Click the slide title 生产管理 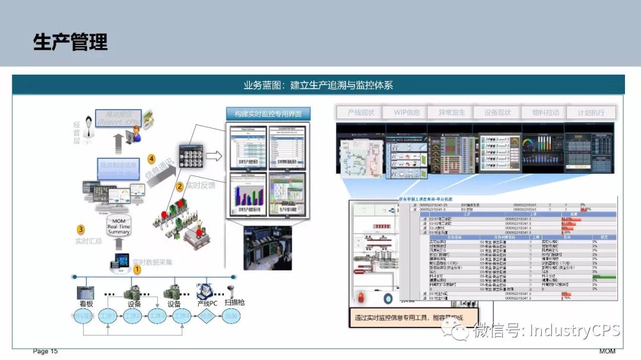click(70, 42)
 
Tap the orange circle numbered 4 click(151, 159)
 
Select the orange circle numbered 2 click(179, 186)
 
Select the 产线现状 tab click(361, 112)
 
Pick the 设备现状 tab click(497, 112)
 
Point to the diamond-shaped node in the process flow click(205, 316)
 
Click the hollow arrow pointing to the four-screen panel click(213, 157)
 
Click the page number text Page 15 click(45, 352)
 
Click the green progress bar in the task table click(604, 276)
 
